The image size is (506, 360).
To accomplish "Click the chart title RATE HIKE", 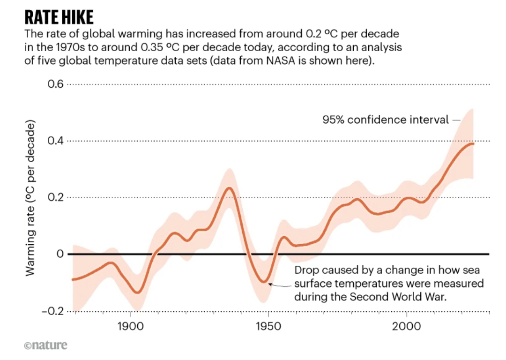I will pyautogui.click(x=59, y=17).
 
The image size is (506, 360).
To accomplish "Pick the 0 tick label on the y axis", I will pyautogui.click(x=59, y=254).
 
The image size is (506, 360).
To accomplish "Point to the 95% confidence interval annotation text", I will pyautogui.click(x=385, y=120).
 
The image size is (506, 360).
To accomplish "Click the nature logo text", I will pyautogui.click(x=45, y=345).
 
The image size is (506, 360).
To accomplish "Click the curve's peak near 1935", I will pyautogui.click(x=229, y=188).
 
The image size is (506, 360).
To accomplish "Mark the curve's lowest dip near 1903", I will pyautogui.click(x=137, y=292).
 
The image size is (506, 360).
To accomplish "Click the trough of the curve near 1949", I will pyautogui.click(x=265, y=283).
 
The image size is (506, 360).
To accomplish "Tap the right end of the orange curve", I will pyautogui.click(x=473, y=143).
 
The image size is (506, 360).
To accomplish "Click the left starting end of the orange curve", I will pyautogui.click(x=73, y=279).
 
